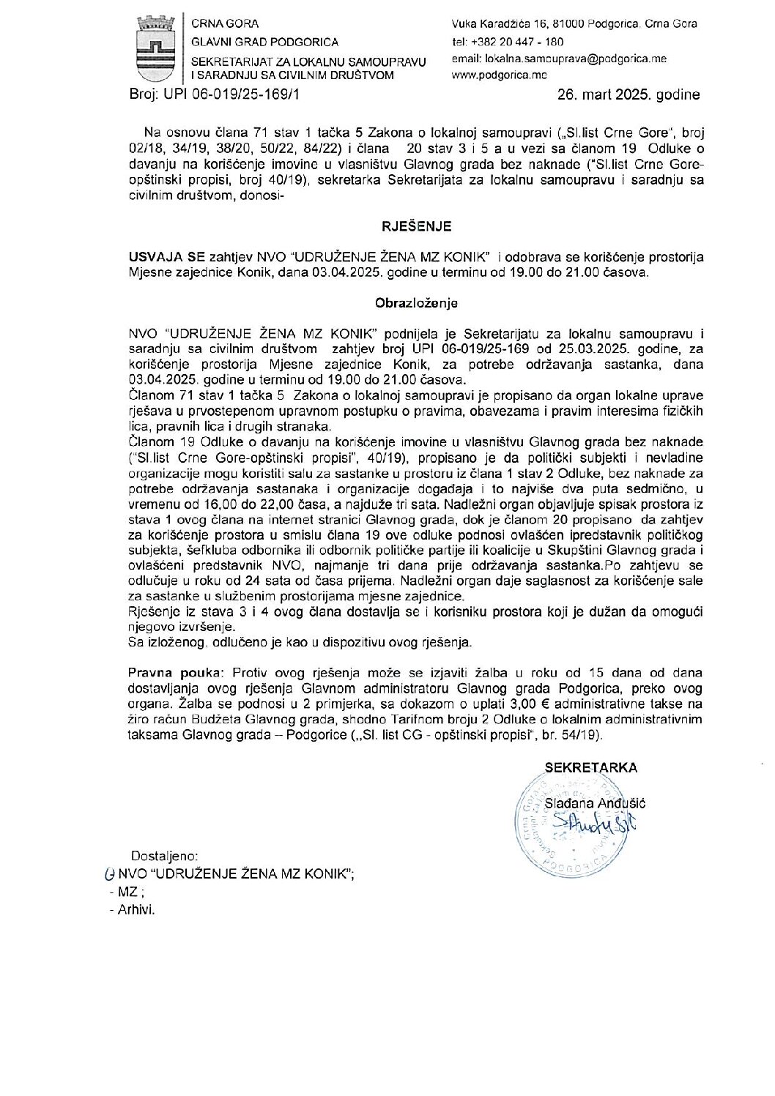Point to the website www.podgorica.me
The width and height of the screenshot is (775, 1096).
500,75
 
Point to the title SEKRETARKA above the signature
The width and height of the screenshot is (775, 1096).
590,768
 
